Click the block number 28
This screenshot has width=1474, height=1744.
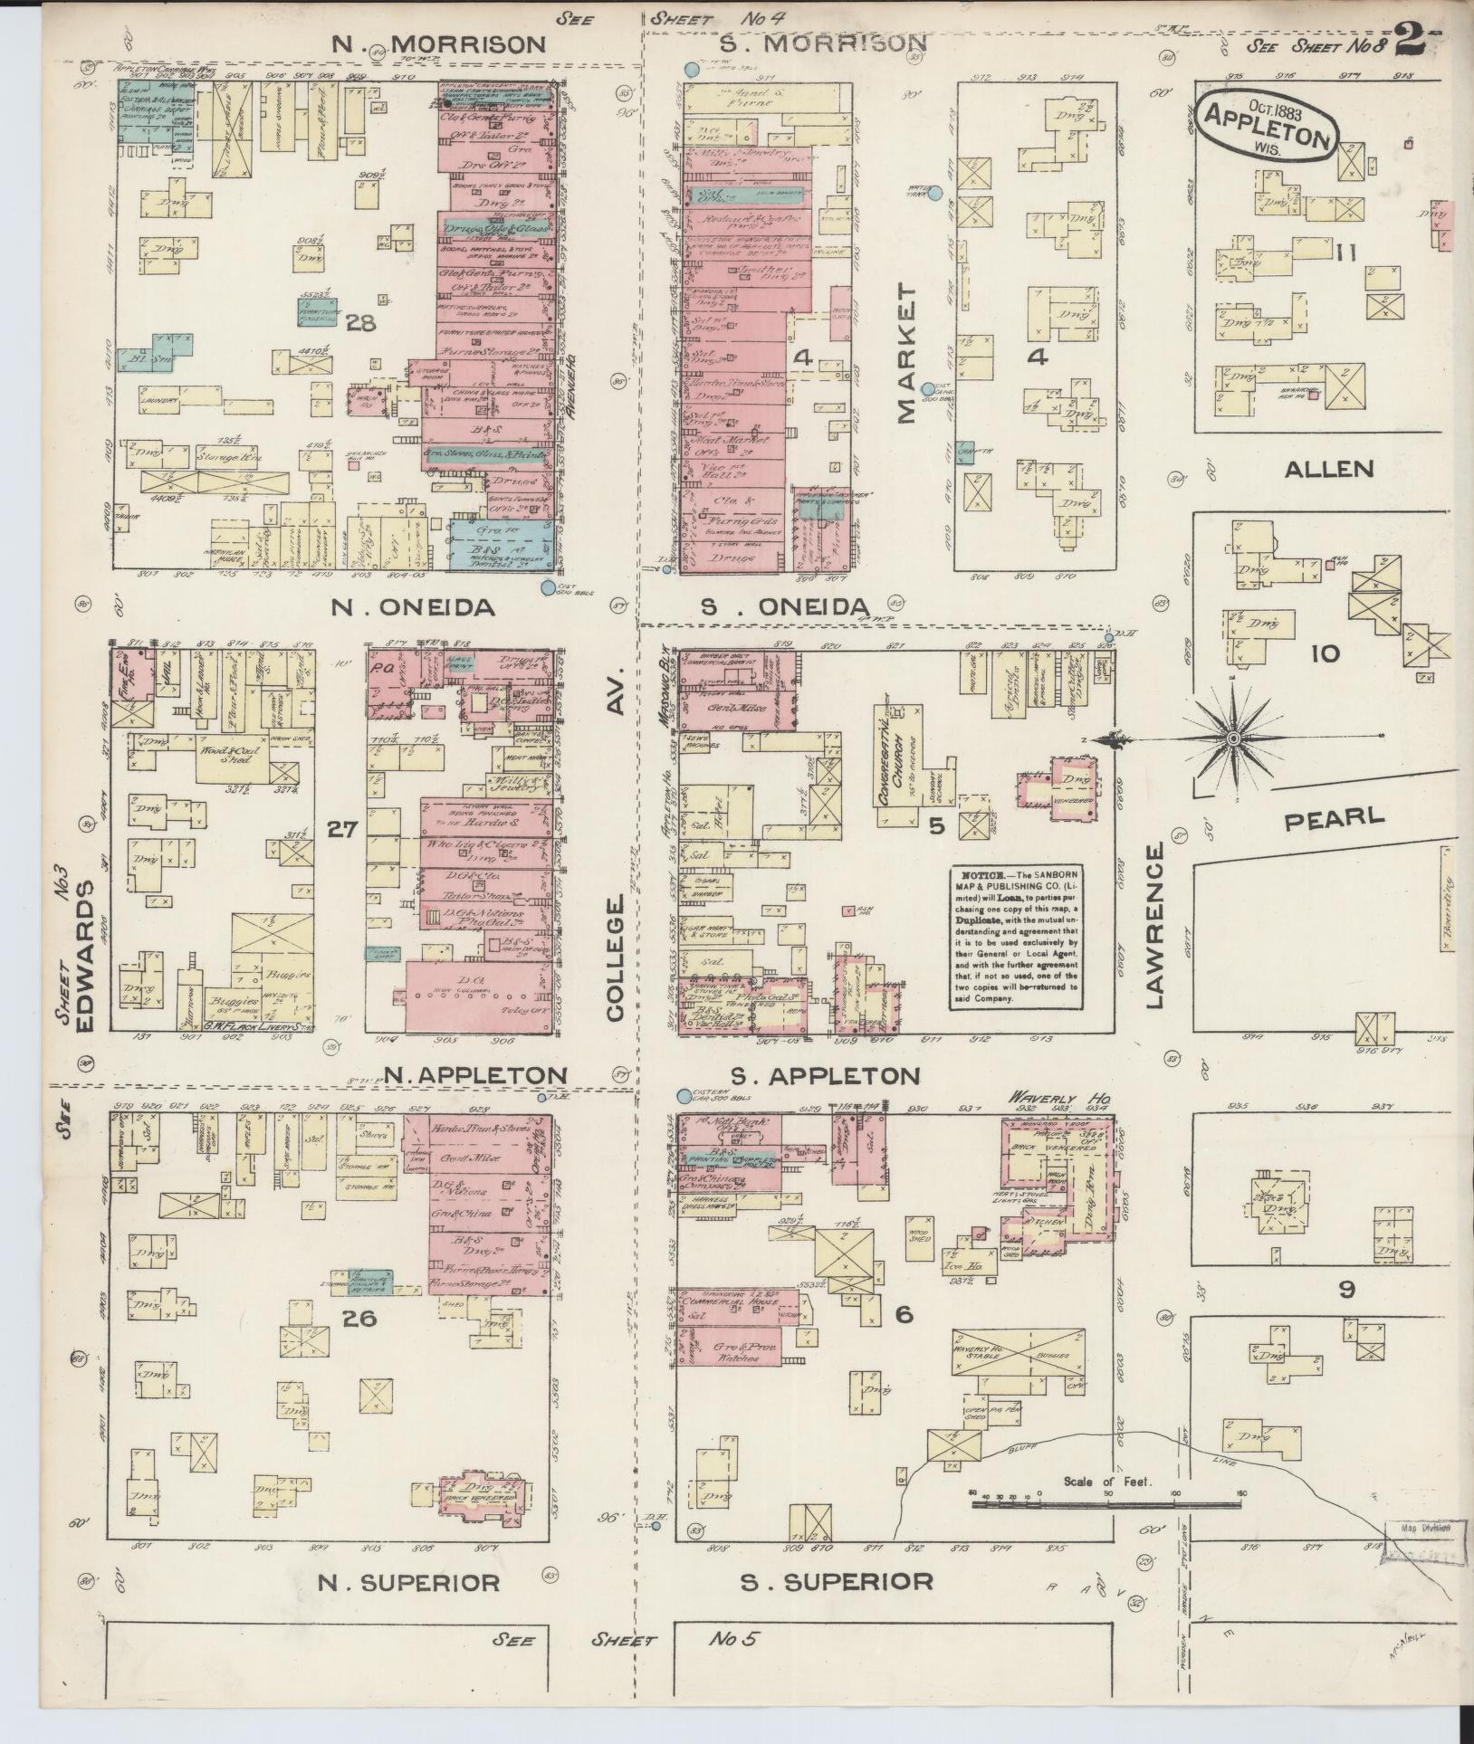pyautogui.click(x=360, y=322)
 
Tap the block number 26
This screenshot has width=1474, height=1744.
pyautogui.click(x=359, y=1319)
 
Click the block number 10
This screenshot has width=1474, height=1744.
pyautogui.click(x=1325, y=653)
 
